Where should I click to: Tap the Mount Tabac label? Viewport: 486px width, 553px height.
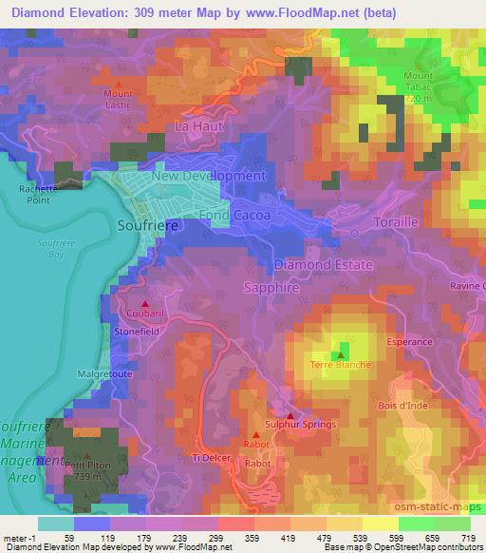(419, 87)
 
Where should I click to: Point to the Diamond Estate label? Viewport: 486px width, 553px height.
(323, 265)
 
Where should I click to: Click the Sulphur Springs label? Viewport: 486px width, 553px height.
(300, 425)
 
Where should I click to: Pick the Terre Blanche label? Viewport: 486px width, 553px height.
(341, 364)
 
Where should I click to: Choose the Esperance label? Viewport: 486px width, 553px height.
(409, 340)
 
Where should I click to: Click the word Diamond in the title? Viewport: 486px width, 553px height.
(35, 11)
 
